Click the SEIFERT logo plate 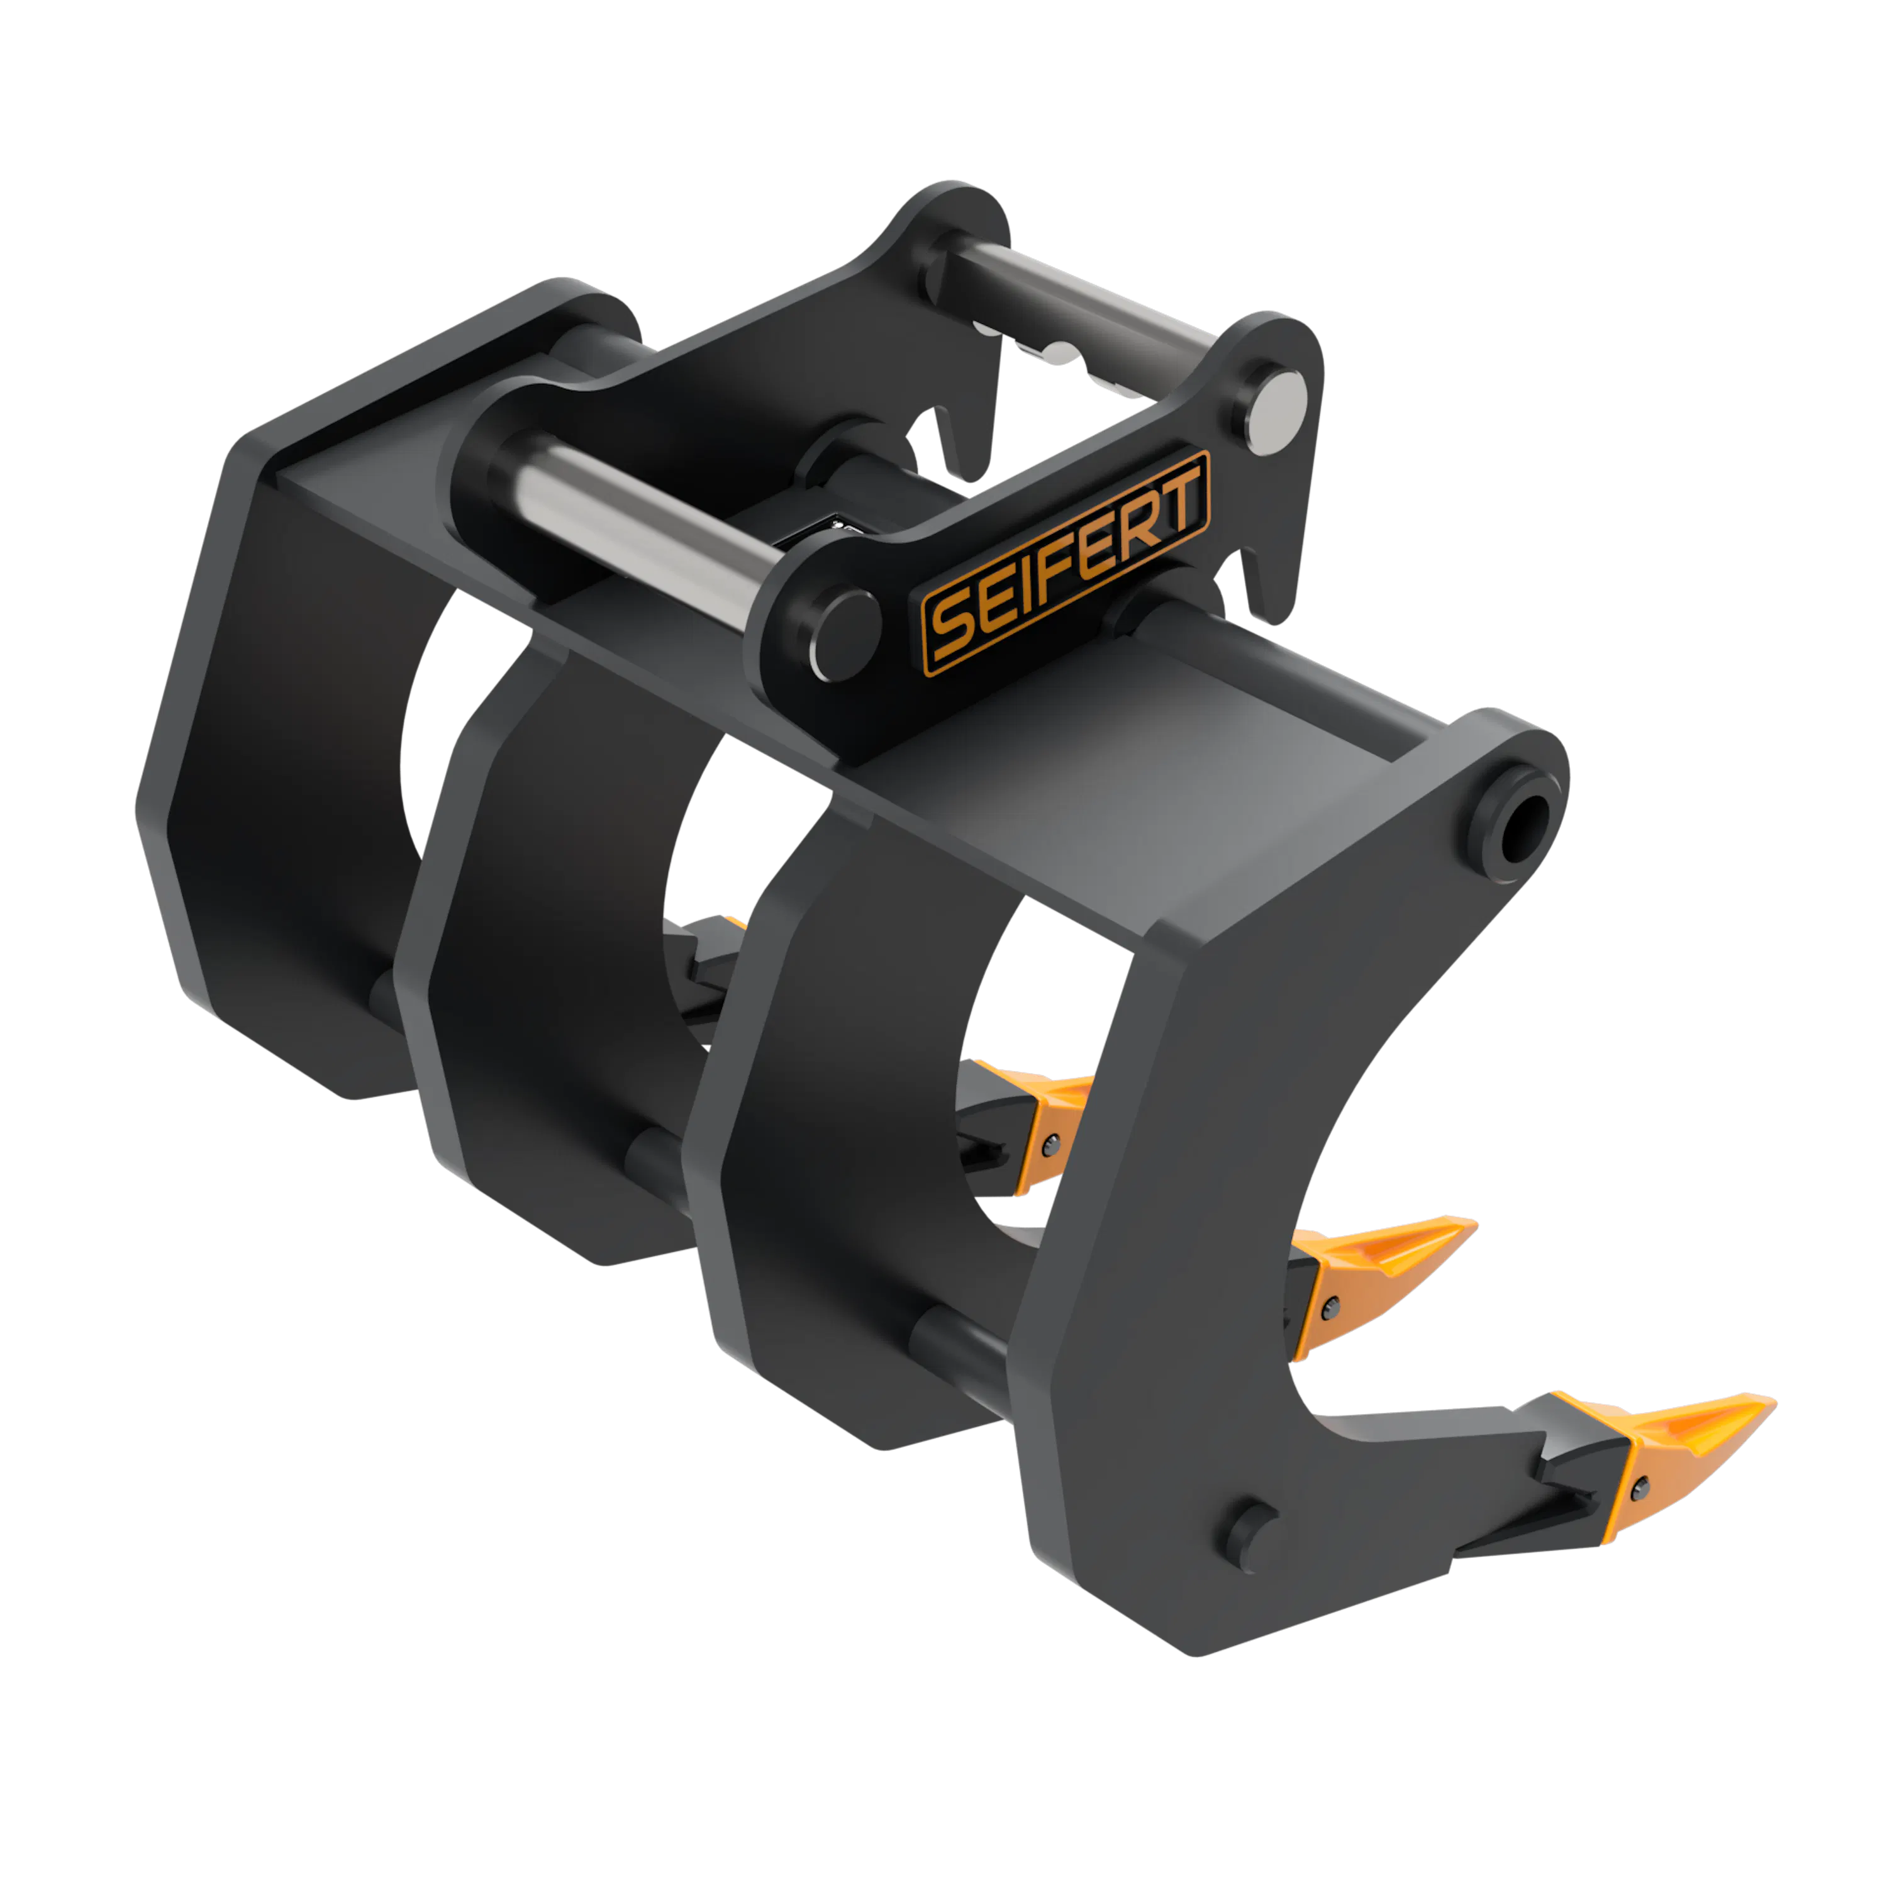[1066, 564]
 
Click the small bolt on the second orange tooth [1329, 1307]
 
